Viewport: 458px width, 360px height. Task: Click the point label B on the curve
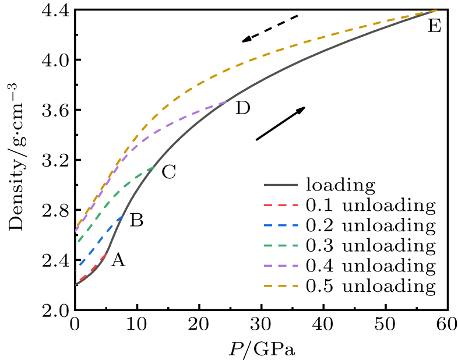136,220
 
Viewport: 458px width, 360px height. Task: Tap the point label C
168,172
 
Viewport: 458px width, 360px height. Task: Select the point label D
243,108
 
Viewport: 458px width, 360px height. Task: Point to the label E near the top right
434,26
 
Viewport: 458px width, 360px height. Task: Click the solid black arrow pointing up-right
280,123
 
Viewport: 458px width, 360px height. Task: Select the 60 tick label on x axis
448,324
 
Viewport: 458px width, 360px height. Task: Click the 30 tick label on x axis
261,324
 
